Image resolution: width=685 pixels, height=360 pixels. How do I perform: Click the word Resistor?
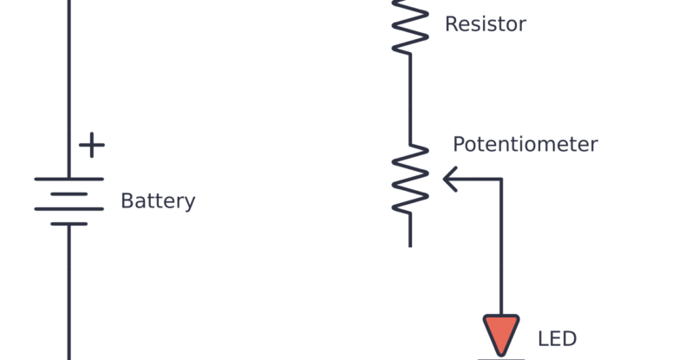click(485, 24)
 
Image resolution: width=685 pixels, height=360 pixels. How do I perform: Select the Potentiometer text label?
click(525, 144)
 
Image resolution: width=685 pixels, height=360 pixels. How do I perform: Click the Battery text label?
click(158, 201)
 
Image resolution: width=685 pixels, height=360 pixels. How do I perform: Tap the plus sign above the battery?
click(91, 145)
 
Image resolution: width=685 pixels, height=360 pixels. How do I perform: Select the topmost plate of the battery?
click(68, 179)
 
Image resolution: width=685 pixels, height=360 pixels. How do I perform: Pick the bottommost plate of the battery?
click(68, 224)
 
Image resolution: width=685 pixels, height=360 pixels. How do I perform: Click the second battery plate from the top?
click(68, 193)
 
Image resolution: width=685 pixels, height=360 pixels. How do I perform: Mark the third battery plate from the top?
click(68, 209)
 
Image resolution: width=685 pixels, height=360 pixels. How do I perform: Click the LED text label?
click(557, 339)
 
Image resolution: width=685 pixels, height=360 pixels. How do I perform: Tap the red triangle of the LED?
click(501, 333)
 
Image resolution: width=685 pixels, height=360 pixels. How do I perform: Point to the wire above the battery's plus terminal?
click(68, 69)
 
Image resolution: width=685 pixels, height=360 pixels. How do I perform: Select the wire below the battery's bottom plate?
click(68, 295)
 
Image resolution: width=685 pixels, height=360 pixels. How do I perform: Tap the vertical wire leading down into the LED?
click(501, 252)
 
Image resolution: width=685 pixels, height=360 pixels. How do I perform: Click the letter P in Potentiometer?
click(460, 144)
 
